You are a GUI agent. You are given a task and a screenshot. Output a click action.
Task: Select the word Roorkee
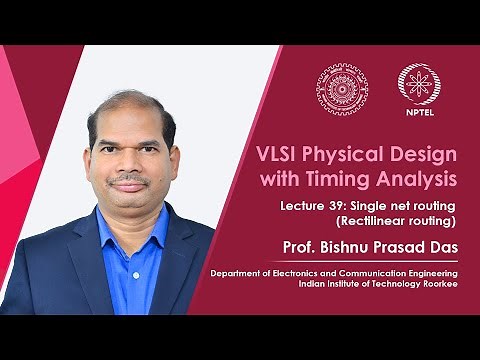pos(439,282)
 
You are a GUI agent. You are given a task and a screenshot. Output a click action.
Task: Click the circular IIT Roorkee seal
pos(342,88)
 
